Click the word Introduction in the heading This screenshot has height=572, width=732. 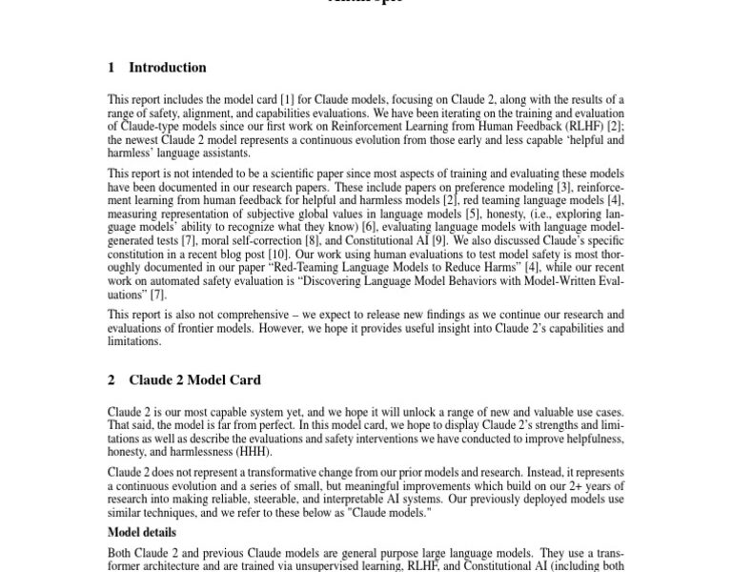[x=167, y=68]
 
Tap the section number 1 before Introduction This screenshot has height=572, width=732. [x=112, y=68]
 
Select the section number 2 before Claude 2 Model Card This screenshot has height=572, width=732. [x=112, y=379]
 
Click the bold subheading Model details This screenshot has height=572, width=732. [x=141, y=532]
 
